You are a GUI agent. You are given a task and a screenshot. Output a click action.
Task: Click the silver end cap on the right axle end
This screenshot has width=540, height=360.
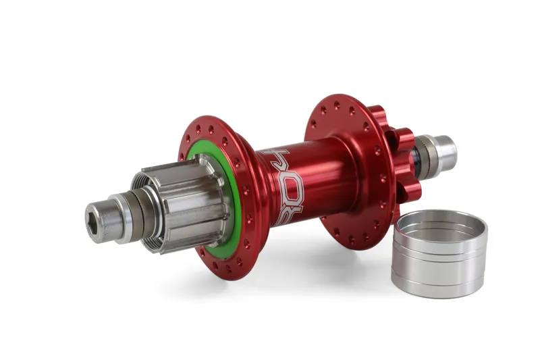tap(443, 153)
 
